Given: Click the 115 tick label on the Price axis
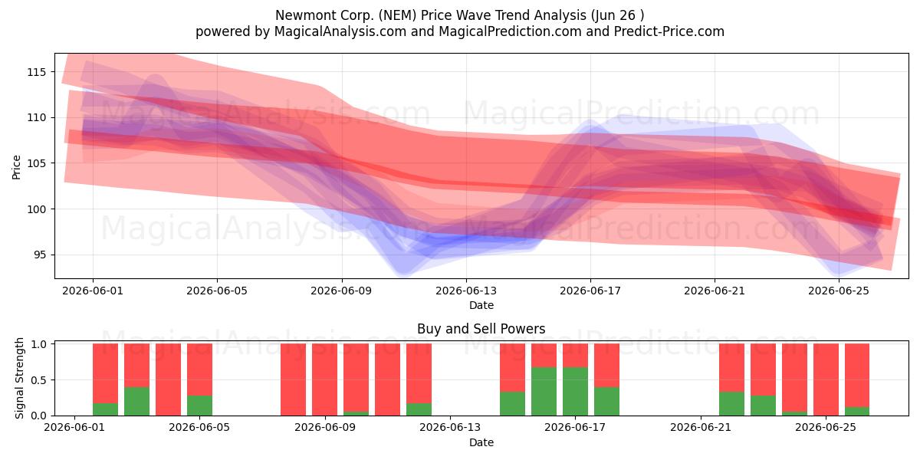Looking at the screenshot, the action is point(36,72).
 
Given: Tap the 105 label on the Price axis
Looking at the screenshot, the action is point(36,163).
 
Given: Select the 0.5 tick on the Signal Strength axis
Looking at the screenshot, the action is point(38,380).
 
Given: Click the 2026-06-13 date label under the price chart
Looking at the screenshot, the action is point(466,291).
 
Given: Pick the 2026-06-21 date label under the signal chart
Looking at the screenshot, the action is point(701,428).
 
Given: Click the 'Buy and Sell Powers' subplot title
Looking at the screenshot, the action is point(481,329).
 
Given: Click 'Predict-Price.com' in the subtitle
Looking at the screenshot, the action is point(669,31).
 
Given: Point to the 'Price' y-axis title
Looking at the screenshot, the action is point(16,167).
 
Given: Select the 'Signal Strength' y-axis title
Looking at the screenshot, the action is point(19,378).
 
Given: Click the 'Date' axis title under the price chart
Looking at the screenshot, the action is point(481,305).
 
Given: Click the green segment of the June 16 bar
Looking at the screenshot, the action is point(544,391).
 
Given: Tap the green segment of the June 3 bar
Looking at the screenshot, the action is point(136,401).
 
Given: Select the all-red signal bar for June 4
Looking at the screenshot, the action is point(168,379).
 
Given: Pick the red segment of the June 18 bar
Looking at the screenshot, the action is point(606,365).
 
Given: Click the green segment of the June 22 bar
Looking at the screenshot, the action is point(731,404).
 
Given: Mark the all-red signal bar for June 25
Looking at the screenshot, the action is point(826,379).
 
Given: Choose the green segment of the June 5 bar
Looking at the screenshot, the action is point(199,406).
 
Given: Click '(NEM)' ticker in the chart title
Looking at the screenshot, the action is point(398,15).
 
